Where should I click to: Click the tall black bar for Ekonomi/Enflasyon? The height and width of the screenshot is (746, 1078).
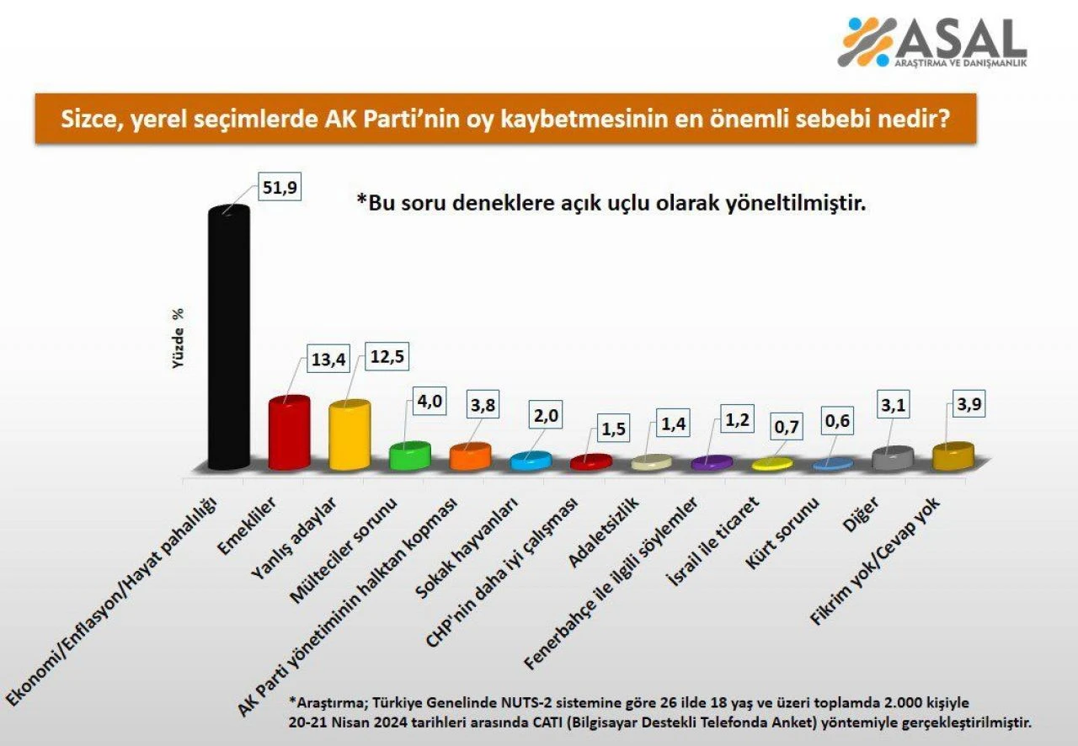click(x=228, y=337)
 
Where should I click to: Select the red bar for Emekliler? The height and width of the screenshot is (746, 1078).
click(x=289, y=434)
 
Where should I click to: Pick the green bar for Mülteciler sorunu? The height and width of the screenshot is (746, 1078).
click(x=409, y=456)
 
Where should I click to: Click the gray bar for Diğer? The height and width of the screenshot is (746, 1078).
click(x=892, y=459)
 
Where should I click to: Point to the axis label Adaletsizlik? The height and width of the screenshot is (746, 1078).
click(x=606, y=531)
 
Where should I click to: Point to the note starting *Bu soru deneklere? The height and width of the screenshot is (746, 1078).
click(x=611, y=204)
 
